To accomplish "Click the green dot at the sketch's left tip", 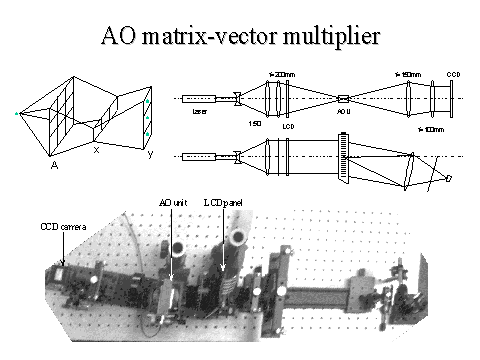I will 17,114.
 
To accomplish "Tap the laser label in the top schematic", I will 198,113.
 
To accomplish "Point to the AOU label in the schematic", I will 342,113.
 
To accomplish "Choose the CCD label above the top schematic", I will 453,74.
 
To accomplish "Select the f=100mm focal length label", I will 431,130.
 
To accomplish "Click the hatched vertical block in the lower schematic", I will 343,161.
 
